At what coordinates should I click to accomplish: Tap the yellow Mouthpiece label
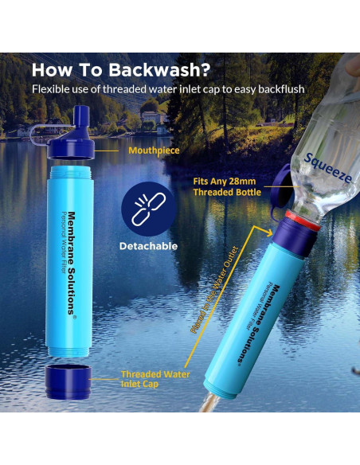[x=154, y=149]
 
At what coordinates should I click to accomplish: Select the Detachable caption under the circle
[x=148, y=246]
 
